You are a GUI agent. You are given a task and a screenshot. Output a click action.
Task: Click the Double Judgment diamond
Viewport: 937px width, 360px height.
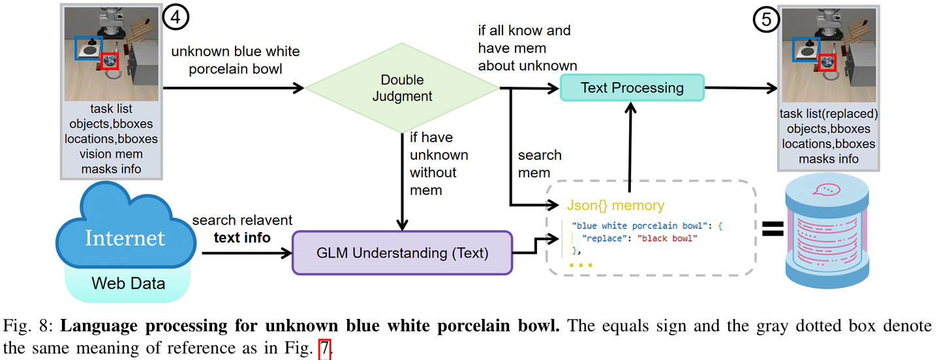coord(402,88)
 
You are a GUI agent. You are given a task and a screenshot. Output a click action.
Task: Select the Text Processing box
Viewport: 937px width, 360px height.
coord(632,88)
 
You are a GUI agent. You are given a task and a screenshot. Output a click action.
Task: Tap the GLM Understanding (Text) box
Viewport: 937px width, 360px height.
coord(403,253)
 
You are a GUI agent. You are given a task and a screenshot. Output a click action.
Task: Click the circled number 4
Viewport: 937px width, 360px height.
coord(176,17)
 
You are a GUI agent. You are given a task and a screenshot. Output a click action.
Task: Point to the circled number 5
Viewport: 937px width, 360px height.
coord(766,20)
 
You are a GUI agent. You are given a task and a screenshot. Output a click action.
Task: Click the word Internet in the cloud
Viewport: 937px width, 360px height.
coord(125,238)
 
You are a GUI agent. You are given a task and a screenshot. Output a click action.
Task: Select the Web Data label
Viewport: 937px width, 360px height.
coord(129,284)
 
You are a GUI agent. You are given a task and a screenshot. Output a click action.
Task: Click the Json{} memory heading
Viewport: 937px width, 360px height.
coord(615,205)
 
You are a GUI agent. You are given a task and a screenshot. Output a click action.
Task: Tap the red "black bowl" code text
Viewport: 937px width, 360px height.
coord(668,238)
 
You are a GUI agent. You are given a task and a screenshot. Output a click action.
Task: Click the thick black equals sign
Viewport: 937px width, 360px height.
coord(773,229)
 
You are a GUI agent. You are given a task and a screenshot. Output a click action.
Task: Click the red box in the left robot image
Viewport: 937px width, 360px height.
coord(110,61)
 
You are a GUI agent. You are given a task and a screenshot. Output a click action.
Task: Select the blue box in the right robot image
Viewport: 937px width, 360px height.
coord(806,50)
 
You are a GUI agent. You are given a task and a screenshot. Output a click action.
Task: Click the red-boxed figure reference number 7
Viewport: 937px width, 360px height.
coord(324,348)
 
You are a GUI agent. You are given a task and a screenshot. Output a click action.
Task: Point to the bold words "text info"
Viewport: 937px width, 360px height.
coord(242,238)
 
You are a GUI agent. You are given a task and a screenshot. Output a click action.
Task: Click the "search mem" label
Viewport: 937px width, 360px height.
coord(540,164)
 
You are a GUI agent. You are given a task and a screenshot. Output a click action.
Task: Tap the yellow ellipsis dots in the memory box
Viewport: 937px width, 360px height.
coord(581,265)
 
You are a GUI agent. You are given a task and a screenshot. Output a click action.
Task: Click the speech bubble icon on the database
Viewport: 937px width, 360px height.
coord(826,190)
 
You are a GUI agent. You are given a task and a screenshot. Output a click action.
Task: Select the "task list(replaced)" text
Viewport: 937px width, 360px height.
coord(829,113)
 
